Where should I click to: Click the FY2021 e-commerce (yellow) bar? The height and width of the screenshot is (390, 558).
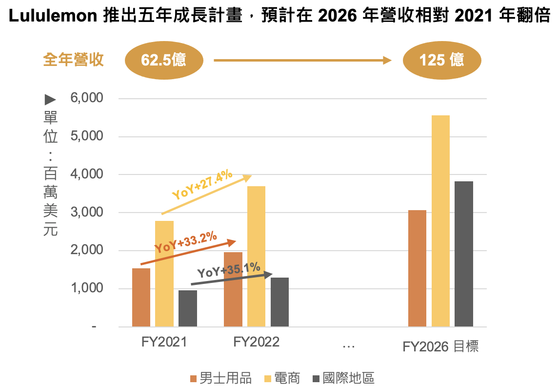(164, 274)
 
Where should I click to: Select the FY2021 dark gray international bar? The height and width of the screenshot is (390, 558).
(188, 308)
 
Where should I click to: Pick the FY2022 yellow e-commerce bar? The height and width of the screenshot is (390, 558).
(257, 256)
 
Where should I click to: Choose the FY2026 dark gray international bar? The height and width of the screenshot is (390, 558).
(464, 254)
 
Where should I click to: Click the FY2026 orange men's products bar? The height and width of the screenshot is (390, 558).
(417, 268)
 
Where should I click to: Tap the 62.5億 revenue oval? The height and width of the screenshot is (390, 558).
(163, 60)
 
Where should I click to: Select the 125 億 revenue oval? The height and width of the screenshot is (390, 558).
(442, 60)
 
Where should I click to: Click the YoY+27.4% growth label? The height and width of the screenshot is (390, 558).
(202, 185)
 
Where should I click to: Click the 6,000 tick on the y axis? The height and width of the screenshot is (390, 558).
(87, 98)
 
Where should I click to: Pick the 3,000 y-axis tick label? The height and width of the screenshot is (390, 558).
(87, 212)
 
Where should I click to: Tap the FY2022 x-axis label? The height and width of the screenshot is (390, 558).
(256, 342)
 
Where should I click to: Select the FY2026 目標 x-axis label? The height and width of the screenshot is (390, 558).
(440, 347)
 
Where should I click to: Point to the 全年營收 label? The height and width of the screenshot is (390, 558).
(74, 60)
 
